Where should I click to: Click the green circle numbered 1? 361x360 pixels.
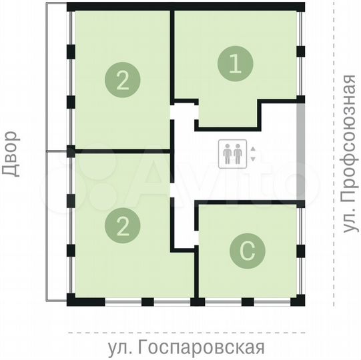236,65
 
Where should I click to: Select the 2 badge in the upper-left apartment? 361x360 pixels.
122,80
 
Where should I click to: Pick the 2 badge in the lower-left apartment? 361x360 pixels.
122,227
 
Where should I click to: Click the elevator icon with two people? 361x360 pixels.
234,154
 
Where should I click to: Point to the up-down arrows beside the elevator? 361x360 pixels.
252,154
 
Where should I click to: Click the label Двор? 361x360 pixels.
11,157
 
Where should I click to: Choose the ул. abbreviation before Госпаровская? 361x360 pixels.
124,347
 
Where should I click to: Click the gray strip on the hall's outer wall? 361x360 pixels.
301,154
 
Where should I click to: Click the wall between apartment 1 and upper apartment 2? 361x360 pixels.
173,53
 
